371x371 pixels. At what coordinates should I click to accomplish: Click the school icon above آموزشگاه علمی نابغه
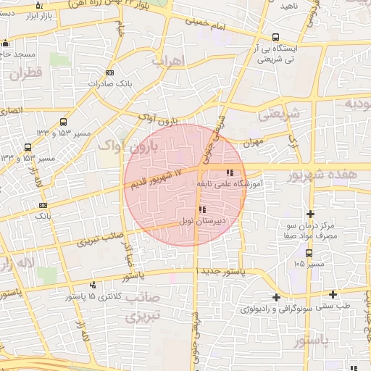coord(230,172)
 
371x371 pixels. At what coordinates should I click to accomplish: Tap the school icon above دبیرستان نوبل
coord(201,209)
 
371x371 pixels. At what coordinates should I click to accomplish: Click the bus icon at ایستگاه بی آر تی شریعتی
coord(275,38)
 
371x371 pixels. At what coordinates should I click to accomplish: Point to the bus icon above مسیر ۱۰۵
coord(309,253)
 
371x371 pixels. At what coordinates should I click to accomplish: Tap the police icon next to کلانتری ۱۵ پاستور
coord(93,285)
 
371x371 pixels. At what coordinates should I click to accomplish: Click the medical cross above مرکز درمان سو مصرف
coord(311,214)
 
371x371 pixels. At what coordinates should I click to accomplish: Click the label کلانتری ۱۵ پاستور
coord(91,297)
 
